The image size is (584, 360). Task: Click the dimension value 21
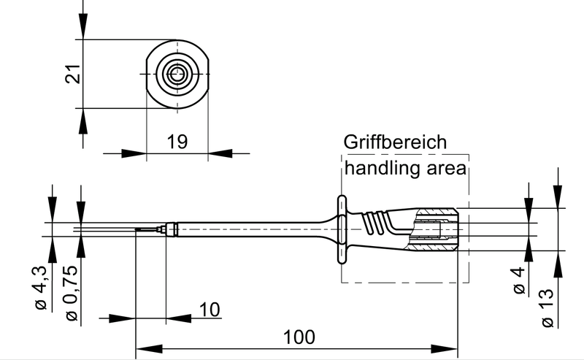click(x=72, y=74)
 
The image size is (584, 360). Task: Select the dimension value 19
click(x=177, y=141)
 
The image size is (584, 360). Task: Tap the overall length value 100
click(x=299, y=337)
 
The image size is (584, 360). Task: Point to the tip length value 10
click(x=209, y=310)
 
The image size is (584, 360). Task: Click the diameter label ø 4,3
click(x=40, y=289)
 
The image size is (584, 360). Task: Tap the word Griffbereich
click(x=394, y=142)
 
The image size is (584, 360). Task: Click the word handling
click(x=379, y=169)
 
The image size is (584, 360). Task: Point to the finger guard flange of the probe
click(x=341, y=228)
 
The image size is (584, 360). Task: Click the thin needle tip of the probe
click(x=146, y=231)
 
